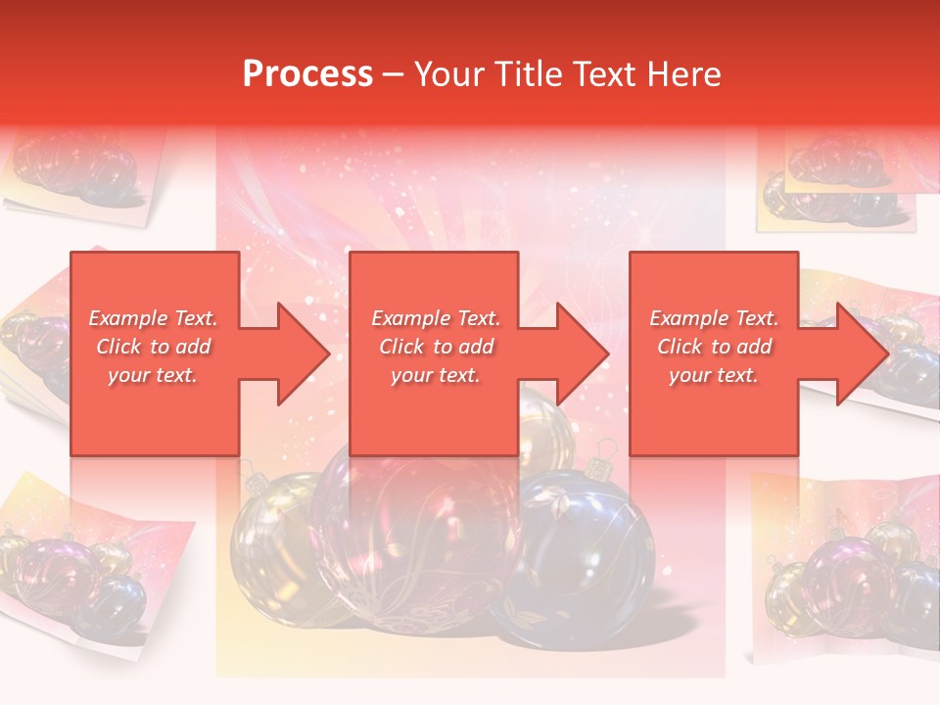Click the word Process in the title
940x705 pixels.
click(x=307, y=74)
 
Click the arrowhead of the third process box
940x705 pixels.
click(x=862, y=353)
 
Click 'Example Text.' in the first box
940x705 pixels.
click(x=153, y=318)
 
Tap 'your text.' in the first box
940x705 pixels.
click(x=153, y=375)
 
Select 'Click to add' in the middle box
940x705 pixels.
click(x=436, y=347)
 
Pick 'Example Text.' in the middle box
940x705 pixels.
click(x=436, y=318)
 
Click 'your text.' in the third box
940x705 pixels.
click(x=714, y=375)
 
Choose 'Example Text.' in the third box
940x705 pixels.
click(x=714, y=318)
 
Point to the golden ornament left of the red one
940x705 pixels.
click(x=274, y=548)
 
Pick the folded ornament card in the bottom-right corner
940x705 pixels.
click(x=847, y=568)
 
